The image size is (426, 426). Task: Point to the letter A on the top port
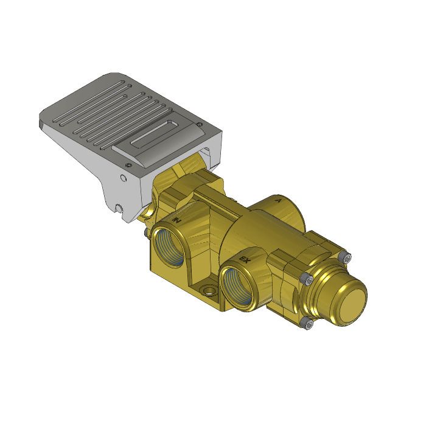[x=278, y=200]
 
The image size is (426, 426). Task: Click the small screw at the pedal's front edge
[x=127, y=165]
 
